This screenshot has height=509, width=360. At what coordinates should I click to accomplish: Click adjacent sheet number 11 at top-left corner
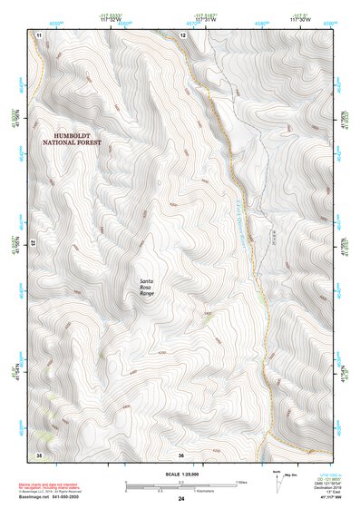coord(40,34)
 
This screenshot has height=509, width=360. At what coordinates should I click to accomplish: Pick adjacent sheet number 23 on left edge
coord(32,243)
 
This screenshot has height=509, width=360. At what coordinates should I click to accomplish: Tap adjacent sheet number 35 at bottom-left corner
coord(39,454)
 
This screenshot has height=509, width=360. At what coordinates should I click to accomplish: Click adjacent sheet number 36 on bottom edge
coord(181,454)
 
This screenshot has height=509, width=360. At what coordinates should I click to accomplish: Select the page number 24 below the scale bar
coord(181,499)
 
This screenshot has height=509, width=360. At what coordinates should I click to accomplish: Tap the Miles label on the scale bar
coord(240,481)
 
